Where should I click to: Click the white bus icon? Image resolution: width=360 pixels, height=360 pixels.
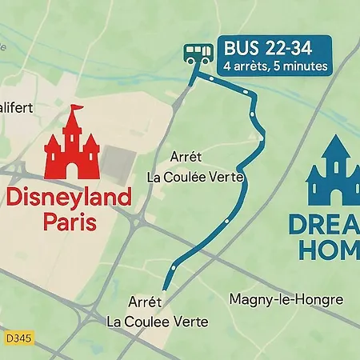coord(198,54)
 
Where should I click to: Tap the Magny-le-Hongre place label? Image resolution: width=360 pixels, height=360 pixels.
coord(286,299)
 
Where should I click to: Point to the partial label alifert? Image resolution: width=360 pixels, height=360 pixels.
coord(16,106)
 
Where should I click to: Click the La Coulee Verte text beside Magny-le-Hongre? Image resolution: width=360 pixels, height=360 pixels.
coord(158,322)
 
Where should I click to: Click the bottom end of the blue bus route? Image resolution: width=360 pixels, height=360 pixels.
coord(165,288)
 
